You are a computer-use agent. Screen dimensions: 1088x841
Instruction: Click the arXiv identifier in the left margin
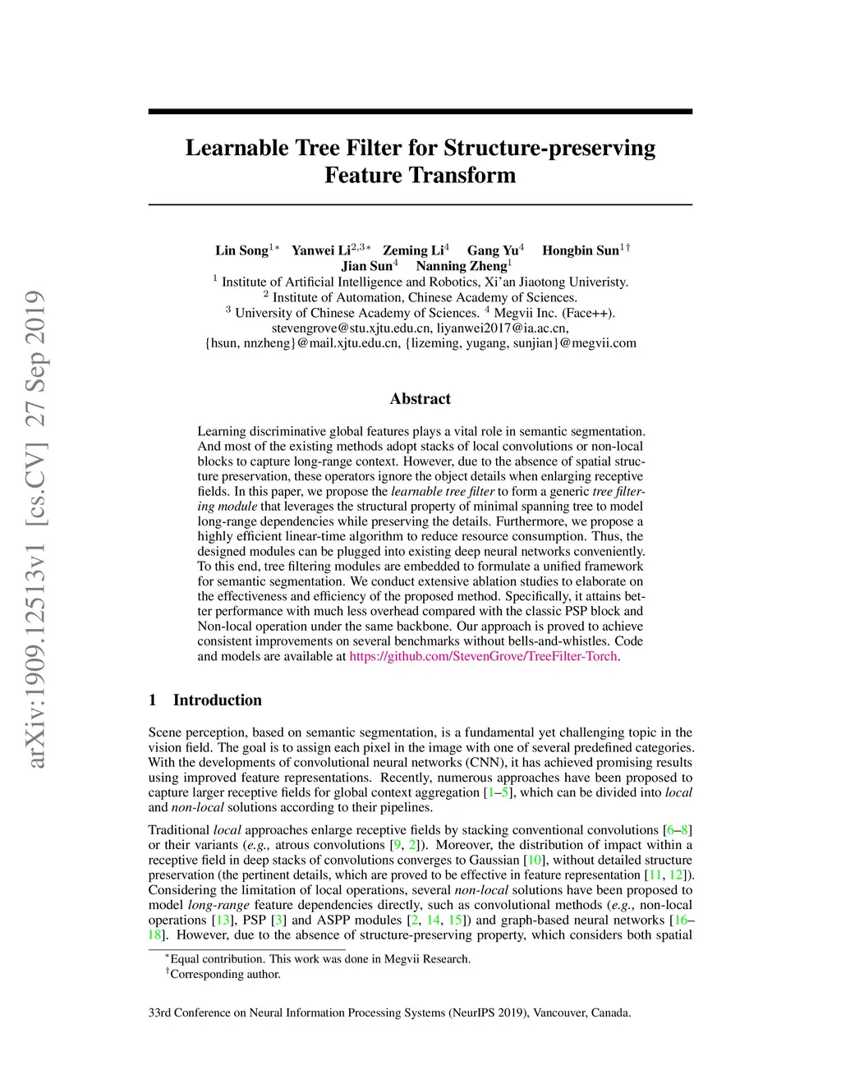click(35, 530)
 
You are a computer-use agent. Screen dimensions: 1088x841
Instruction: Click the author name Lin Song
click(241, 250)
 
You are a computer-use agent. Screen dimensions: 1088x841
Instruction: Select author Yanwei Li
click(321, 250)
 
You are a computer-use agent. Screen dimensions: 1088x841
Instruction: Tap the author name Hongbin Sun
click(580, 250)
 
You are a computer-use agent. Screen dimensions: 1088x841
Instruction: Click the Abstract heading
click(420, 399)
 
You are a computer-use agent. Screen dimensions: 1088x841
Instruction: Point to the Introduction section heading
click(217, 700)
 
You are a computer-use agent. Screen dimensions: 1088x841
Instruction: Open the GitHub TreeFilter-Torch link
click(483, 656)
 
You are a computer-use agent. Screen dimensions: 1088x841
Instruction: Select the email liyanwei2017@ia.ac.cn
click(503, 328)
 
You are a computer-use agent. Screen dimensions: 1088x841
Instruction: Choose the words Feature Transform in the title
click(420, 175)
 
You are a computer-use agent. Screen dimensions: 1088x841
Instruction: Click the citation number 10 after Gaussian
click(534, 860)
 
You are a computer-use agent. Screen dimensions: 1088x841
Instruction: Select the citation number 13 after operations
click(223, 920)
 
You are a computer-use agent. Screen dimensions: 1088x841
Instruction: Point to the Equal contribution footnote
click(319, 959)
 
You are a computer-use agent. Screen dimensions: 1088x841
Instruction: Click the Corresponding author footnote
click(224, 975)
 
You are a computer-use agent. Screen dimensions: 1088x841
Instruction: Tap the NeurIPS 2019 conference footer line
click(389, 1012)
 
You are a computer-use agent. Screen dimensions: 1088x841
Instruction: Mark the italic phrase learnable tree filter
click(443, 491)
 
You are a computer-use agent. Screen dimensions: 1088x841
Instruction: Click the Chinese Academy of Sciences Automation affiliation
click(424, 297)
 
